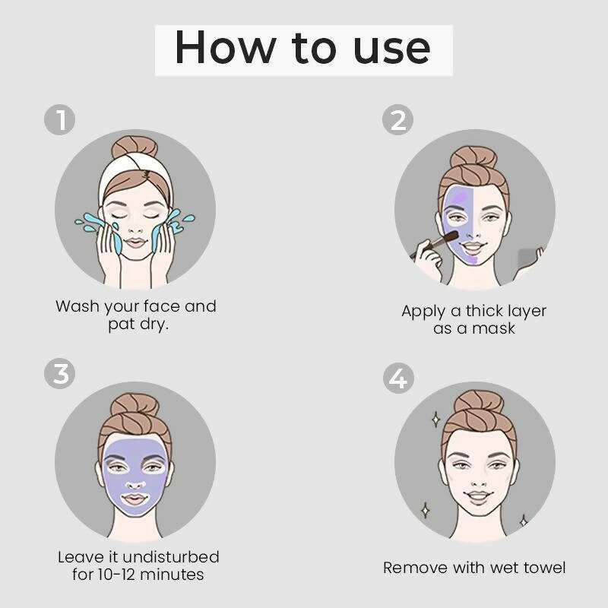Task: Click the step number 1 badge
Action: coord(60,119)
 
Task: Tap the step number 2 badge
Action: coord(398,119)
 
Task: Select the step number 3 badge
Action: coord(60,374)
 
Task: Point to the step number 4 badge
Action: coord(398,377)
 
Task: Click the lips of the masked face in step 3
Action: coord(135,500)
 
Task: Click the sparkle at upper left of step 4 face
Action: coord(435,418)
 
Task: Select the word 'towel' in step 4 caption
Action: coord(540,567)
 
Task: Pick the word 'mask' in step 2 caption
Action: coord(496,328)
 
